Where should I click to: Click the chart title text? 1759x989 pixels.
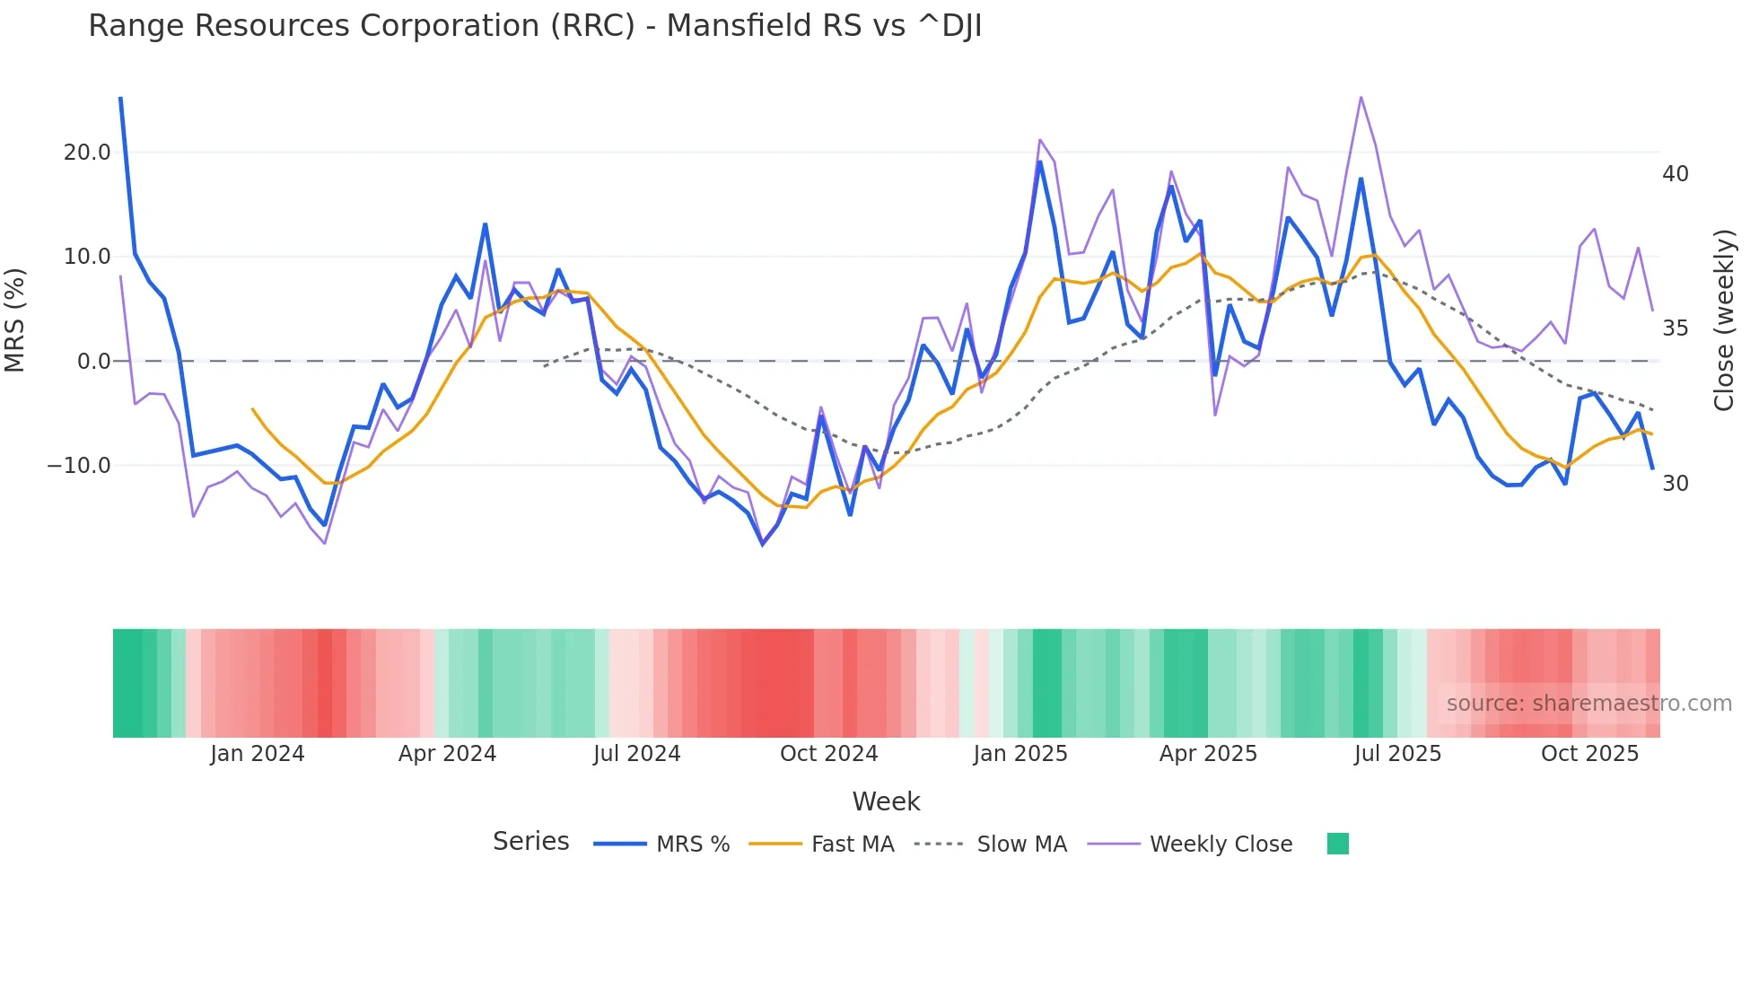[535, 26]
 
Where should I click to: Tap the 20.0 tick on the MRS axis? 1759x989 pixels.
[87, 153]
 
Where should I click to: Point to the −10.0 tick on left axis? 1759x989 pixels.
[79, 466]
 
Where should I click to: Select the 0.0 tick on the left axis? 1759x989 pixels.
[94, 362]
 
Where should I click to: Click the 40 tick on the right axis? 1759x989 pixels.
[1675, 174]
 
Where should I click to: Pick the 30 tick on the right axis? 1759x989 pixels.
[1675, 484]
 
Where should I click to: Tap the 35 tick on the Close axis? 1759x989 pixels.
[1675, 328]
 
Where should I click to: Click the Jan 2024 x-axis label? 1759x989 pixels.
[258, 754]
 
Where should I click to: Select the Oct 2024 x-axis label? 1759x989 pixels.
[828, 754]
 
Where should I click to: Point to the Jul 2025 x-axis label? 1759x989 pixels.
[1397, 754]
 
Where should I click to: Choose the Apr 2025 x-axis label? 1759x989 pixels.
[1208, 754]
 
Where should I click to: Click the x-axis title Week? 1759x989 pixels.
[886, 801]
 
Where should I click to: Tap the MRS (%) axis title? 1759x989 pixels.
[15, 319]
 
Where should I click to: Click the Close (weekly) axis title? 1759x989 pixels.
[1723, 320]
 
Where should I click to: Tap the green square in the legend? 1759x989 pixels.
[1337, 844]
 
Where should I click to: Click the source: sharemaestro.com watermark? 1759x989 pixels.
[1588, 704]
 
